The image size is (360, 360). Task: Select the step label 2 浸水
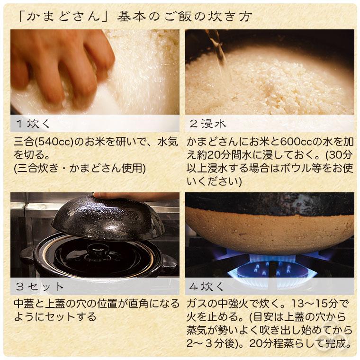point(208,124)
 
